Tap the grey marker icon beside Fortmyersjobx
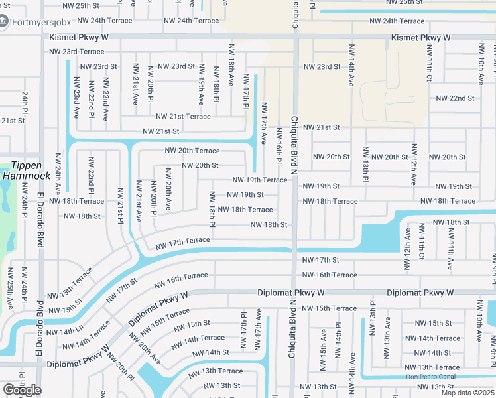coord(5,22)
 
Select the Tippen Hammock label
coord(26,170)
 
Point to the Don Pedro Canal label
coord(431,377)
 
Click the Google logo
coord(22,390)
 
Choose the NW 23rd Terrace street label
coord(77,52)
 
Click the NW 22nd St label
coord(455,98)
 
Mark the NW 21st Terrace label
coord(183,117)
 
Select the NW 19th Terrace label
coord(260,180)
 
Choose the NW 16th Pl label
coord(279,146)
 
